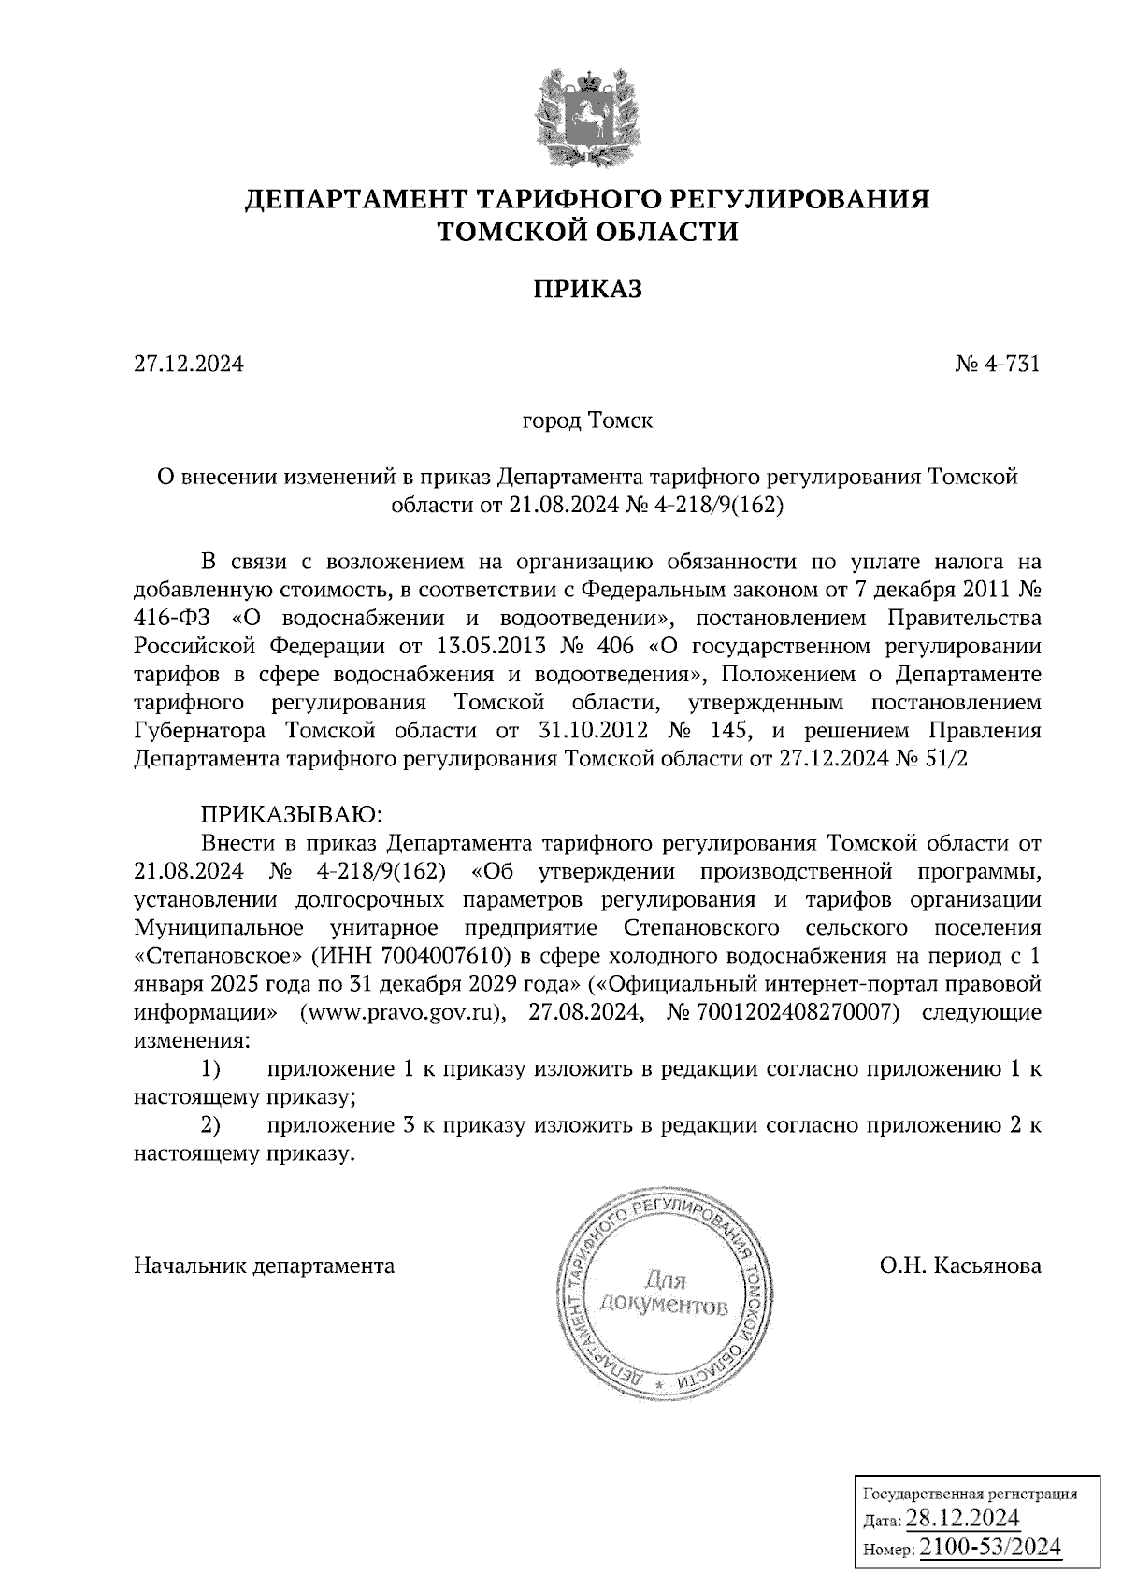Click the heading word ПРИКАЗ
pos(587,290)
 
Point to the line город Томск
pos(587,421)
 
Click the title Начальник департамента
pos(265,1266)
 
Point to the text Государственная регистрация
pos(968,1494)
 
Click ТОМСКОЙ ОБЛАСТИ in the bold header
pos(587,231)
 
